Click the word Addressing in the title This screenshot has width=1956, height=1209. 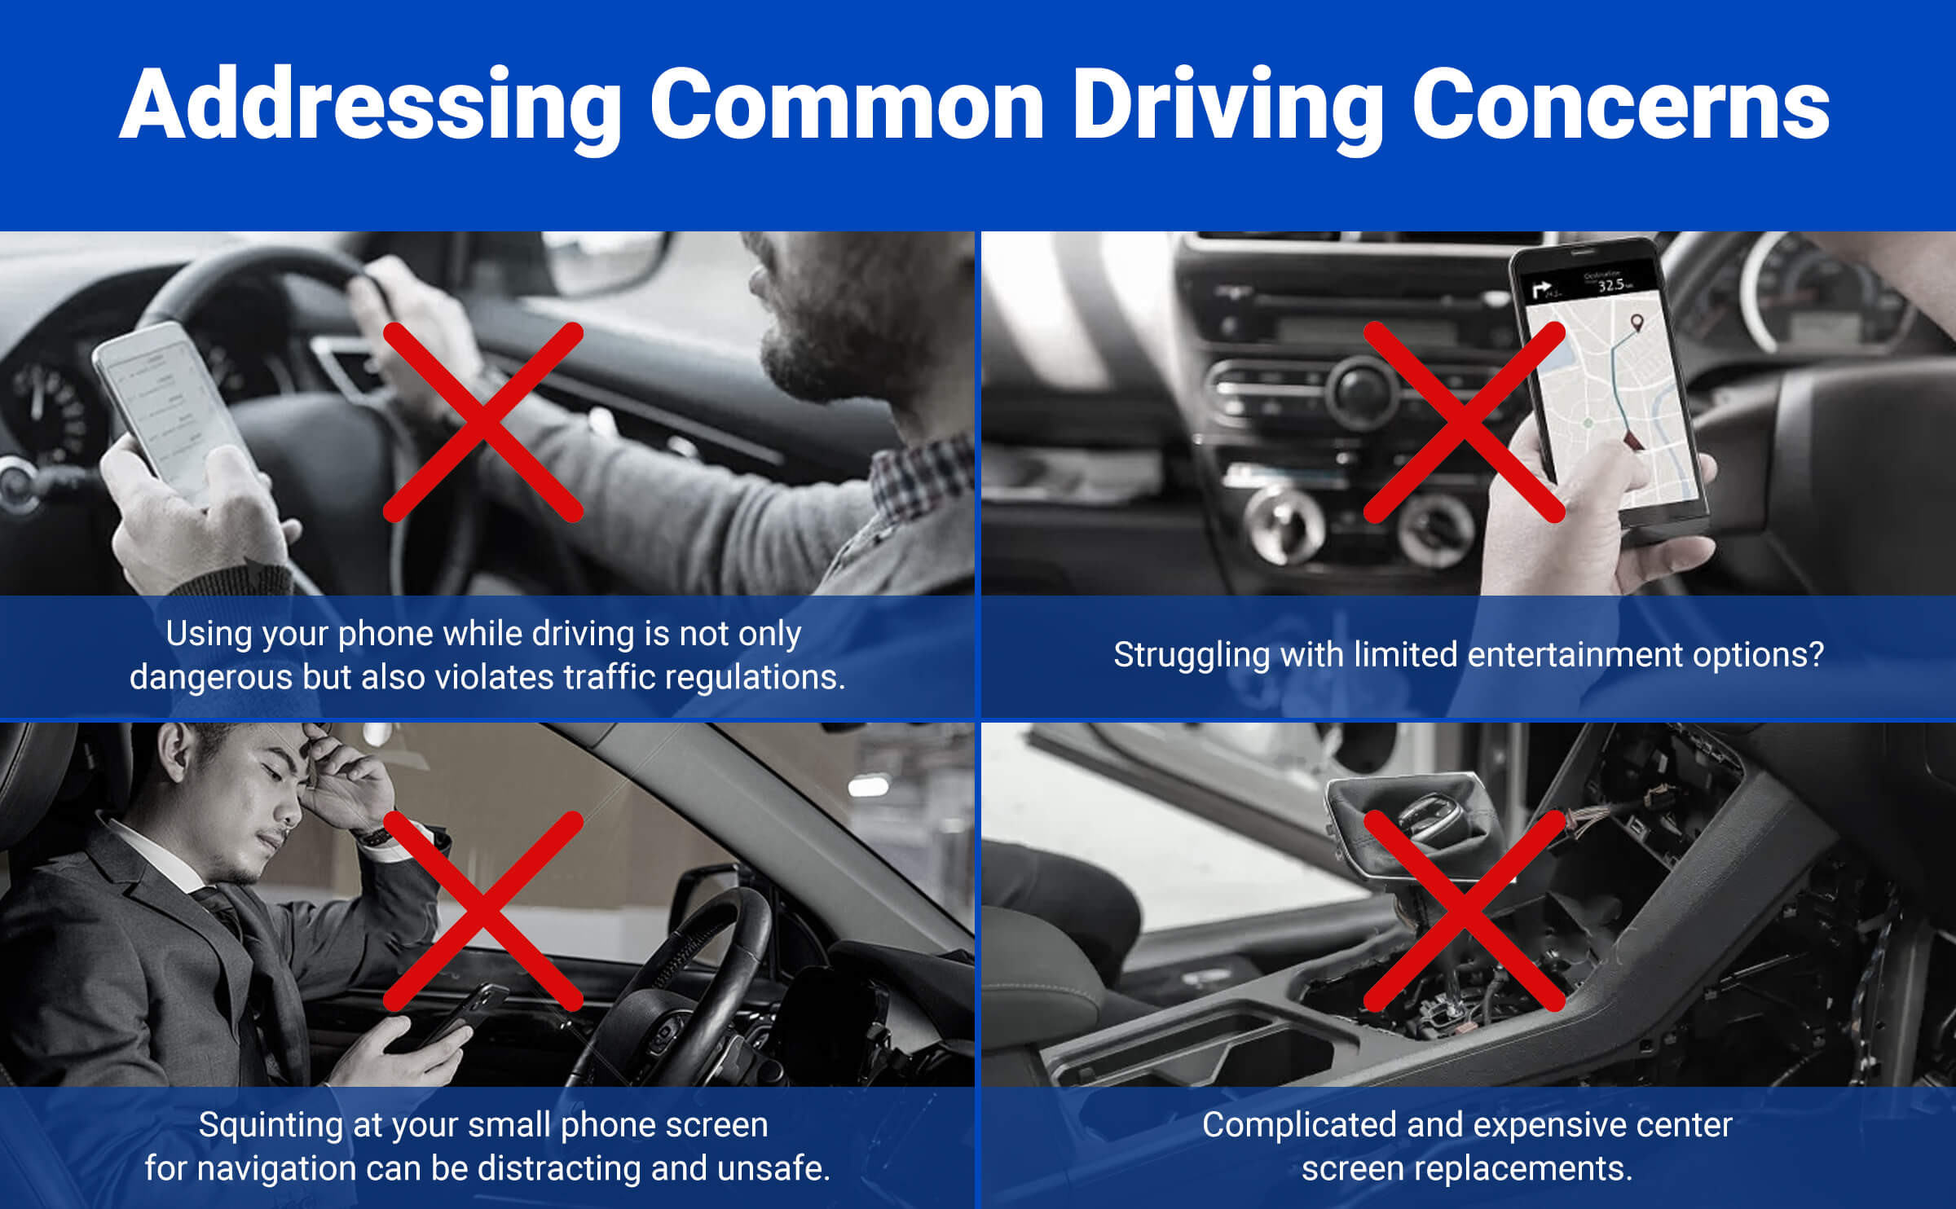[x=371, y=106]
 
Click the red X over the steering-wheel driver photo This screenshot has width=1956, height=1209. [x=483, y=422]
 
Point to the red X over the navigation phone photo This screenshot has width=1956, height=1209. [x=1465, y=422]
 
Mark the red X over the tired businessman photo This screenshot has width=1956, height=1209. [x=483, y=911]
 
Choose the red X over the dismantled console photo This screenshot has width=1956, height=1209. [x=1465, y=911]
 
